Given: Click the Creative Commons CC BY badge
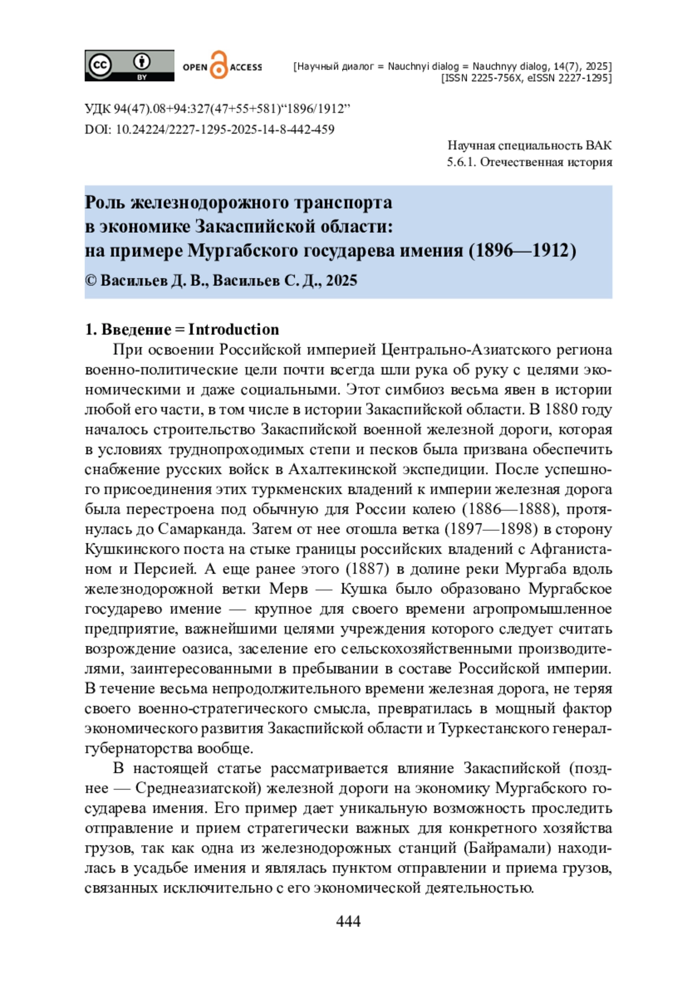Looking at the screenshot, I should click(x=129, y=65).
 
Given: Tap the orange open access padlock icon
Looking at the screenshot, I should click(x=218, y=65).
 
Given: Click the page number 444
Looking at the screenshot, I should click(x=348, y=921).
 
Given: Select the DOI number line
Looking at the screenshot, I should click(x=209, y=129).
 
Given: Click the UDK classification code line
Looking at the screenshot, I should click(x=217, y=109).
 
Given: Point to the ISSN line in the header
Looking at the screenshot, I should click(x=526, y=78).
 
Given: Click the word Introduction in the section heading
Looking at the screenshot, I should click(x=233, y=329).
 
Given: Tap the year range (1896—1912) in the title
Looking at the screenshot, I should click(x=522, y=250).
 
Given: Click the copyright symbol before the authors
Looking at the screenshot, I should click(x=91, y=280).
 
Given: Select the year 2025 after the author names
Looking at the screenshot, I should click(x=342, y=280).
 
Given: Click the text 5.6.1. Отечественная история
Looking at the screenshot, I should click(x=529, y=162).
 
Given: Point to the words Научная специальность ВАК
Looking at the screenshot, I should click(x=529, y=145).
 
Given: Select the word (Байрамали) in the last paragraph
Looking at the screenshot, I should click(x=507, y=848).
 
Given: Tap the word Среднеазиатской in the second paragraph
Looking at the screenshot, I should click(x=197, y=788).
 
